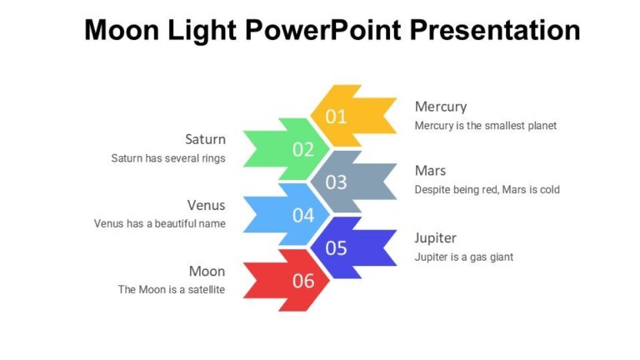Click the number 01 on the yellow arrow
tap(336, 117)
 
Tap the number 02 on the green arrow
tap(303, 150)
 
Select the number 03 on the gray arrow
tap(336, 182)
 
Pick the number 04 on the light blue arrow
tap(303, 216)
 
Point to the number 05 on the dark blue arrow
tap(336, 248)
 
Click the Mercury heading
tap(441, 107)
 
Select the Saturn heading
tap(205, 139)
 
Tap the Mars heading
tap(430, 172)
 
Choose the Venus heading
tap(206, 205)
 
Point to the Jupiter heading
tap(436, 238)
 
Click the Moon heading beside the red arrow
tap(207, 271)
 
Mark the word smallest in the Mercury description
tap(499, 126)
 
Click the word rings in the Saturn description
tap(212, 158)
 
